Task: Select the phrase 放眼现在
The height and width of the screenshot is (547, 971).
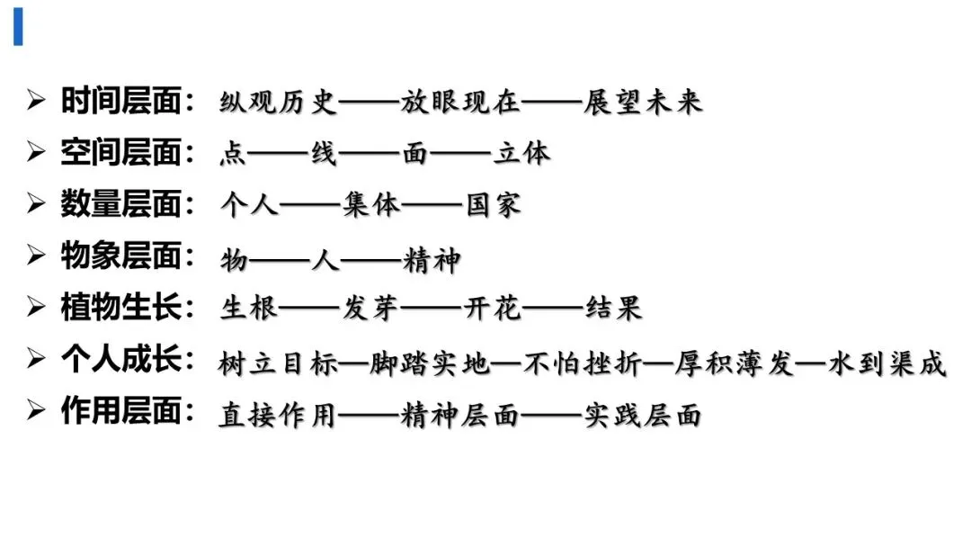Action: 461,102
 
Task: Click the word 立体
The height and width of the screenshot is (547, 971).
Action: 521,154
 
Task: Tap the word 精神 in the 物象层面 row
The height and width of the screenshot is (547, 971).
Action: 431,261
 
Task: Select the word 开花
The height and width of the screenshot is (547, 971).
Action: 492,310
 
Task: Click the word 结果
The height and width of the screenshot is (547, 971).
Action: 613,310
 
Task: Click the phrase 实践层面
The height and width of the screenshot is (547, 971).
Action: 643,416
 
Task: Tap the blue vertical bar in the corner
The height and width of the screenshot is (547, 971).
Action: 18,27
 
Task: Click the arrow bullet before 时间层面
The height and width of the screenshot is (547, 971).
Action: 36,101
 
